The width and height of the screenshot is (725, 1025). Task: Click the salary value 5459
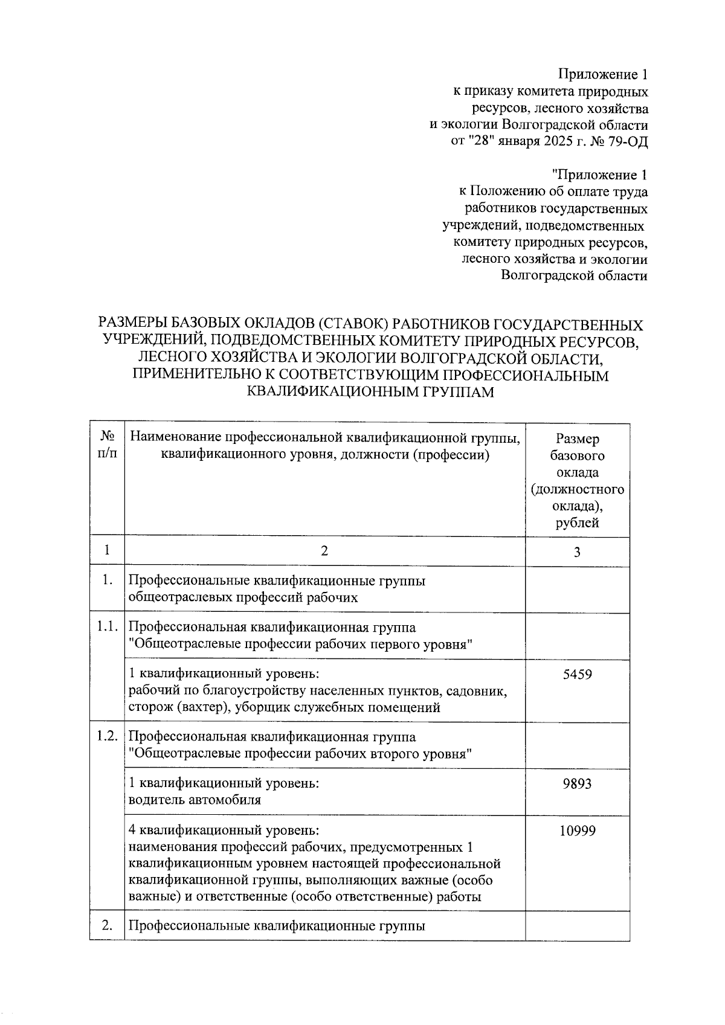point(577,675)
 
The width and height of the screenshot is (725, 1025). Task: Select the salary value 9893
point(577,784)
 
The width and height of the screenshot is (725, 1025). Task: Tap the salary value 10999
point(577,831)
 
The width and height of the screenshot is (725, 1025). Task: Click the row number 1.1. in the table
point(106,627)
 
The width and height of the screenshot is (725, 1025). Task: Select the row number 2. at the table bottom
point(108,925)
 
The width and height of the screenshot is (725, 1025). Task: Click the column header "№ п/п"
point(107,445)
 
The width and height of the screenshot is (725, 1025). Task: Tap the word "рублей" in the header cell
point(577,523)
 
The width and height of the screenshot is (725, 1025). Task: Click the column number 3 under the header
point(577,552)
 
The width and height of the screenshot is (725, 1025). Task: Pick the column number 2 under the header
point(324,551)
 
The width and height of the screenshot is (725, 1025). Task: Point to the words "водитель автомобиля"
point(195,800)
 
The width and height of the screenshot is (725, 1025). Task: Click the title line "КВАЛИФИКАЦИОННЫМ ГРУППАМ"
point(370,392)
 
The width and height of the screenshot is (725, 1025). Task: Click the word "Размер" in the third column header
point(577,439)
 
